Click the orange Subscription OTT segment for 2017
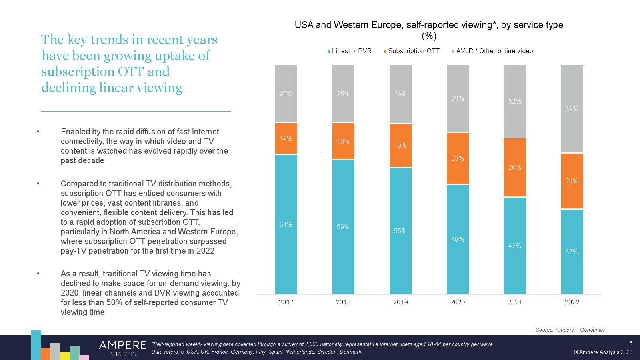[x=286, y=138]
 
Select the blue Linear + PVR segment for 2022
[x=572, y=252]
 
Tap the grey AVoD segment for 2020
[x=458, y=98]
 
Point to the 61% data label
[x=286, y=225]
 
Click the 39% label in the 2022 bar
[x=572, y=109]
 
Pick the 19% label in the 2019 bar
[x=400, y=146]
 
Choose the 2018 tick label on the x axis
[x=343, y=302]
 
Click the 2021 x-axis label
[x=515, y=302]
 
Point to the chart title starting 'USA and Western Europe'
[x=429, y=25]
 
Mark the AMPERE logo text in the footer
[x=122, y=345]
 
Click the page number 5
[x=631, y=343]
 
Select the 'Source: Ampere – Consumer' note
[x=570, y=330]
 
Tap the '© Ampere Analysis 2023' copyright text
[x=603, y=352]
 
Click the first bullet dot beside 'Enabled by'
[x=38, y=132]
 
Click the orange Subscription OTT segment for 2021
[x=515, y=167]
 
